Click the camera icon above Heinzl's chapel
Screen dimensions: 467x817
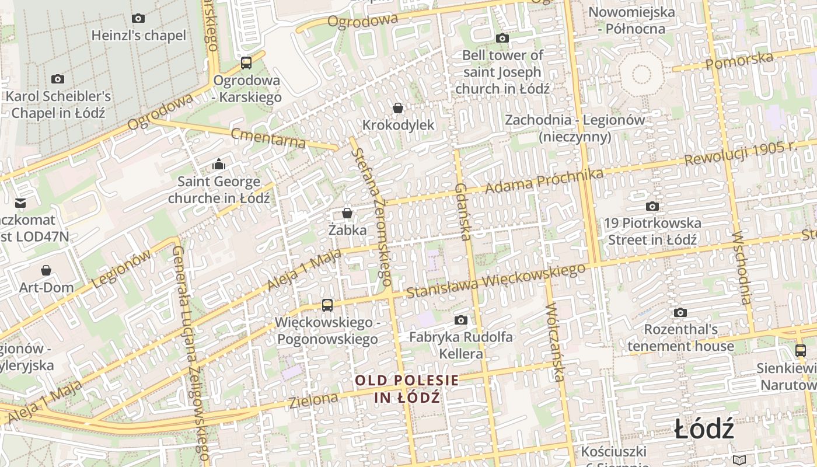coord(138,18)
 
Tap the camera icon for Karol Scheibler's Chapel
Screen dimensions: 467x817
coord(57,79)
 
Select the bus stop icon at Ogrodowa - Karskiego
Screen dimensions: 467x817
coord(246,62)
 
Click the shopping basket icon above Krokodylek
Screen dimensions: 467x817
coord(398,108)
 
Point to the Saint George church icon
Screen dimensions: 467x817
coord(219,164)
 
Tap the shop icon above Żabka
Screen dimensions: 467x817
coord(347,213)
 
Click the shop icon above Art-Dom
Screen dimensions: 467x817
coord(46,270)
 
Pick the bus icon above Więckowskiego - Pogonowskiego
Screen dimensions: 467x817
coord(327,305)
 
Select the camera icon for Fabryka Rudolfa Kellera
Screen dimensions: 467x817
coord(461,320)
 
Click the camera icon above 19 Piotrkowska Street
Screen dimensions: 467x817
coord(652,206)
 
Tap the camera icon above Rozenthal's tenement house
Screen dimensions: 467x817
coord(680,312)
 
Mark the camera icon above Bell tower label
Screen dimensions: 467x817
coord(502,39)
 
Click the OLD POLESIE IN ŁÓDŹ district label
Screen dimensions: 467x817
coord(407,389)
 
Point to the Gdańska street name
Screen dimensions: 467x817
coord(462,212)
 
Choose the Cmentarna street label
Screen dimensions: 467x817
coord(268,138)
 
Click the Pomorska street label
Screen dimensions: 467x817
coord(739,60)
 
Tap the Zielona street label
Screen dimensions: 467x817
coord(313,400)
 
